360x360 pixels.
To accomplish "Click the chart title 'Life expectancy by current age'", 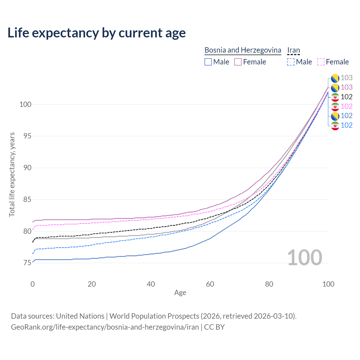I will coord(96,33).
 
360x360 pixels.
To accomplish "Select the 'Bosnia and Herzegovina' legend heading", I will coord(243,50).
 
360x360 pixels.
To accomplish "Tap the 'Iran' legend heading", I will coord(293,50).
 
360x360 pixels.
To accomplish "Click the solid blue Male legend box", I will coord(208,62).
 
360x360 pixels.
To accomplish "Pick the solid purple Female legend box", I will coord(238,62).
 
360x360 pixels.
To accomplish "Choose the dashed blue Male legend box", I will coord(291,62).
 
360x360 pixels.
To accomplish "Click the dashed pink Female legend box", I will coord(321,62).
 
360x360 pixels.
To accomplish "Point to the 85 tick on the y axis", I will coord(25,200).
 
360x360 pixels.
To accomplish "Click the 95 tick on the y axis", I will coord(25,136).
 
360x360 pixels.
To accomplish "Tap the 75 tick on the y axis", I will coord(25,263).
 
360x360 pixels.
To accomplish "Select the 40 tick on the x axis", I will coord(151,284).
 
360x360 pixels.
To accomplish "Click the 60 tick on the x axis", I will coord(210,284).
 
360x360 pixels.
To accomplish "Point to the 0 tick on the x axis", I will coord(33,284).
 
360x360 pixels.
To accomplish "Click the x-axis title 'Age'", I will coord(180,293).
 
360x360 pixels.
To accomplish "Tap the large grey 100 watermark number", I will coord(304,258).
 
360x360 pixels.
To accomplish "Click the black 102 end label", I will coord(346,97).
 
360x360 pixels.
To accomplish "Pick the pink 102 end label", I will coord(346,106).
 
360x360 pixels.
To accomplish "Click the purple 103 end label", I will coord(346,87).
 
